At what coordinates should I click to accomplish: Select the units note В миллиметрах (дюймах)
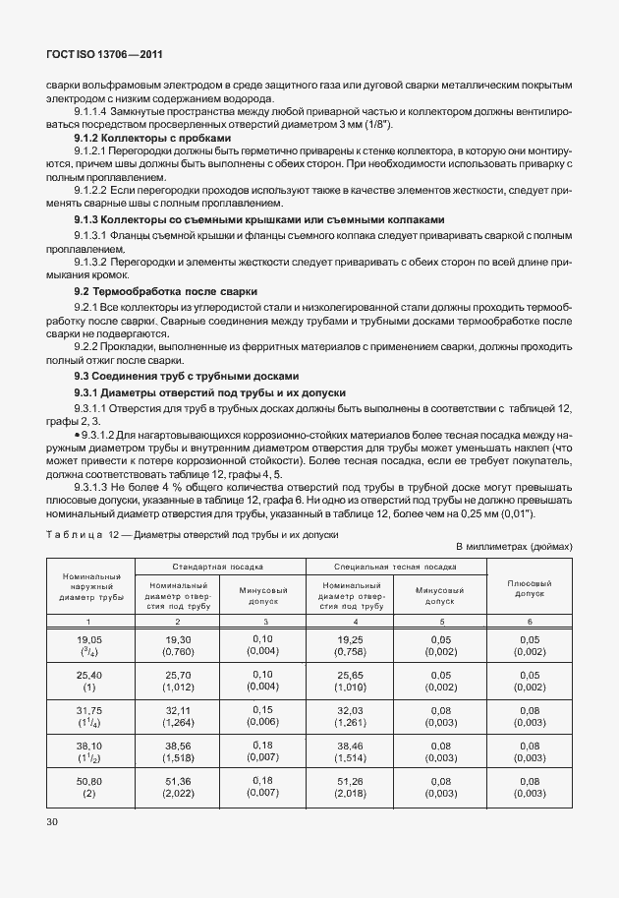click(x=514, y=546)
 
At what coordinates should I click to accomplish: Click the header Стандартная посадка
click(x=219, y=567)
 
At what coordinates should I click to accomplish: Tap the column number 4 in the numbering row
click(x=348, y=621)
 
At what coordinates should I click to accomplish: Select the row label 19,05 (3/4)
click(x=90, y=645)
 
